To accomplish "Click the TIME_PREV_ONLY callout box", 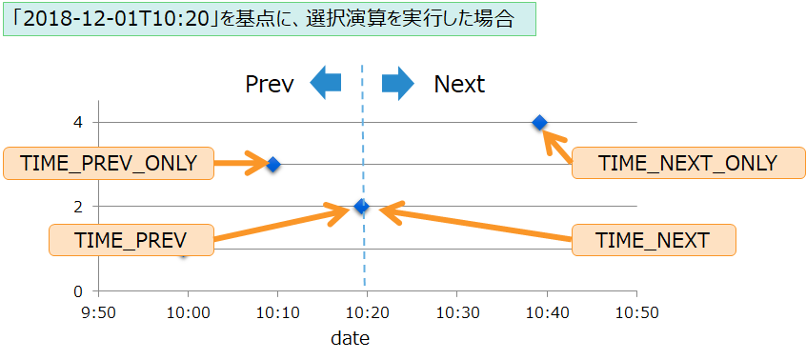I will (109, 163).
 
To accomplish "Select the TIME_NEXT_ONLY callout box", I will (688, 163).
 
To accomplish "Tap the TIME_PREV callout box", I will (131, 240).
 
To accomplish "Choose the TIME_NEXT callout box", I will (653, 240).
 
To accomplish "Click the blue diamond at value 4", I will (539, 122).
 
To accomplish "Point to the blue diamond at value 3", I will (273, 164).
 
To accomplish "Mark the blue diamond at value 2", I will (361, 207).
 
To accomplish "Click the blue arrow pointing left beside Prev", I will (326, 84).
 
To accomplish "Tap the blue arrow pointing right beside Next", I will (397, 84).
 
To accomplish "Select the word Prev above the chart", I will (269, 84).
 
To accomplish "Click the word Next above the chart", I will (459, 84).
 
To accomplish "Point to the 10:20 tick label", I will (367, 312).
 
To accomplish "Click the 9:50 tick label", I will (98, 312).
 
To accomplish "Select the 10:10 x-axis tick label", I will (277, 312).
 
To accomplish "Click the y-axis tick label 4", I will (80, 122).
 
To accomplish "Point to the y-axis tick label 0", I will (80, 291).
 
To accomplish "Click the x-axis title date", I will (350, 338).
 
